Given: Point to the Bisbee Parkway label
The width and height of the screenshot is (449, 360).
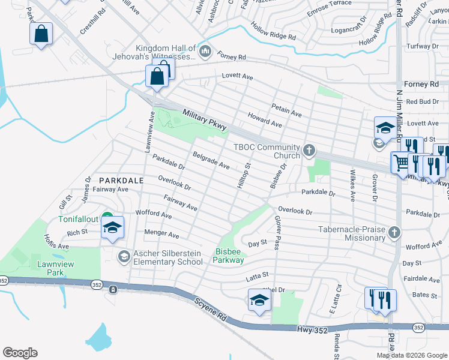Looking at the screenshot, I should coord(229,256).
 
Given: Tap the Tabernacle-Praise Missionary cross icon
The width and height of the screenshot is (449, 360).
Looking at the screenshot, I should coord(394,232).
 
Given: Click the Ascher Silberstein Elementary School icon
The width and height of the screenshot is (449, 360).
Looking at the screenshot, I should coord(124,257).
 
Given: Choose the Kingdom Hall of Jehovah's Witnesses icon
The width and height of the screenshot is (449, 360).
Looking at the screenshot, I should coord(205,52).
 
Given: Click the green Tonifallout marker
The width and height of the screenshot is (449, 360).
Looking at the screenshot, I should coord(107,218).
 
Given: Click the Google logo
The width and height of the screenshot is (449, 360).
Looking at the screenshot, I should coord(20,353).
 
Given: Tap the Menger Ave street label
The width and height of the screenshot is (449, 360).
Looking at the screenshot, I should coord(161,234).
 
